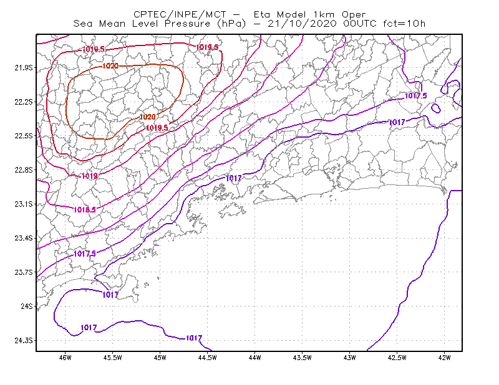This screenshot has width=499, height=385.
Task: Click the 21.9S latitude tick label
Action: pos(23,68)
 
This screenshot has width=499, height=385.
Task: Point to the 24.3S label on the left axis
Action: pos(23,341)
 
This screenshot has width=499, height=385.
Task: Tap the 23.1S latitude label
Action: pos(23,204)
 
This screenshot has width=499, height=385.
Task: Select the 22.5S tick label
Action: pos(23,136)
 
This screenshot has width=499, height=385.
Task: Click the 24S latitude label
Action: pos(27,307)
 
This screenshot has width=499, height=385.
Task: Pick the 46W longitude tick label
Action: pos(65,358)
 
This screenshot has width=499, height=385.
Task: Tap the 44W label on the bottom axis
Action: pos(255,358)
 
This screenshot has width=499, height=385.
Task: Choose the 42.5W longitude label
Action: pos(397,358)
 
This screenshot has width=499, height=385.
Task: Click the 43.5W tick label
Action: pos(303,358)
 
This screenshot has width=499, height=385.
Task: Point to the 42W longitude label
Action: pos(445,358)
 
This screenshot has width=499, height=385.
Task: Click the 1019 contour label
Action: pos(90,176)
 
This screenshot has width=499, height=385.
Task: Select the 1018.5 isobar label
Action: pos(85,210)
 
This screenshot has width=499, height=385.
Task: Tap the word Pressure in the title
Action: pos(188,24)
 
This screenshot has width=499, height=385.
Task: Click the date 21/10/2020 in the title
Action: pos(302,24)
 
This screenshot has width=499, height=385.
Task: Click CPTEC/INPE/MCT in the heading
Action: pos(180,14)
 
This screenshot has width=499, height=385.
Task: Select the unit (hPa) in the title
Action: pos(231,24)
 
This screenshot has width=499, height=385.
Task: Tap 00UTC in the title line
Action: pos(360,24)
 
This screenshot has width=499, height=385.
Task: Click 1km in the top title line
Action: pos(324,14)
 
